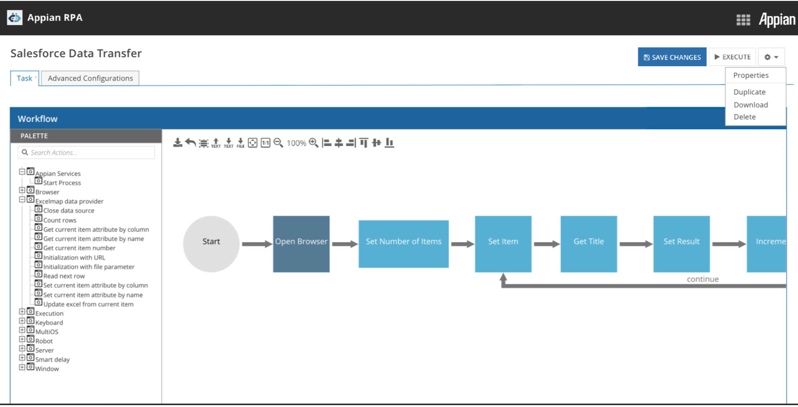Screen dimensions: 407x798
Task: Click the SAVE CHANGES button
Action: click(x=672, y=57)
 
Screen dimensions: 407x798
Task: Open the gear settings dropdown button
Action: click(x=771, y=57)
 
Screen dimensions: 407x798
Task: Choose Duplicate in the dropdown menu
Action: click(x=749, y=92)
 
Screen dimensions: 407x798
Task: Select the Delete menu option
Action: click(x=745, y=117)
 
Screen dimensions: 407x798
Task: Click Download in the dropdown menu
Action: click(x=751, y=105)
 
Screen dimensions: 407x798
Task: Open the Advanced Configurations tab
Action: click(x=90, y=78)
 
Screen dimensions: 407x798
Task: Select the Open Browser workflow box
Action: click(x=301, y=244)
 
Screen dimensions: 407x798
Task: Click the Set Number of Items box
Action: click(x=403, y=244)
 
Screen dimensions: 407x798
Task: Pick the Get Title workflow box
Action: click(x=589, y=244)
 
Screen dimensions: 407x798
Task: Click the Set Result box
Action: click(x=681, y=244)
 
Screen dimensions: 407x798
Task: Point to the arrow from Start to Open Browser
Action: click(x=256, y=244)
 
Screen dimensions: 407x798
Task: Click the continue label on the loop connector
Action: click(x=703, y=279)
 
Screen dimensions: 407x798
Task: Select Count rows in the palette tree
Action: click(x=59, y=220)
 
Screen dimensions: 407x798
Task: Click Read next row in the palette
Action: click(x=64, y=276)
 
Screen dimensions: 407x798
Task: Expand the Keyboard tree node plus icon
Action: click(x=22, y=321)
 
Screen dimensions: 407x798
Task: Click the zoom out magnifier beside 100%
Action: click(x=278, y=143)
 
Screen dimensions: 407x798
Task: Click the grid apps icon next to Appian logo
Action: click(x=743, y=20)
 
